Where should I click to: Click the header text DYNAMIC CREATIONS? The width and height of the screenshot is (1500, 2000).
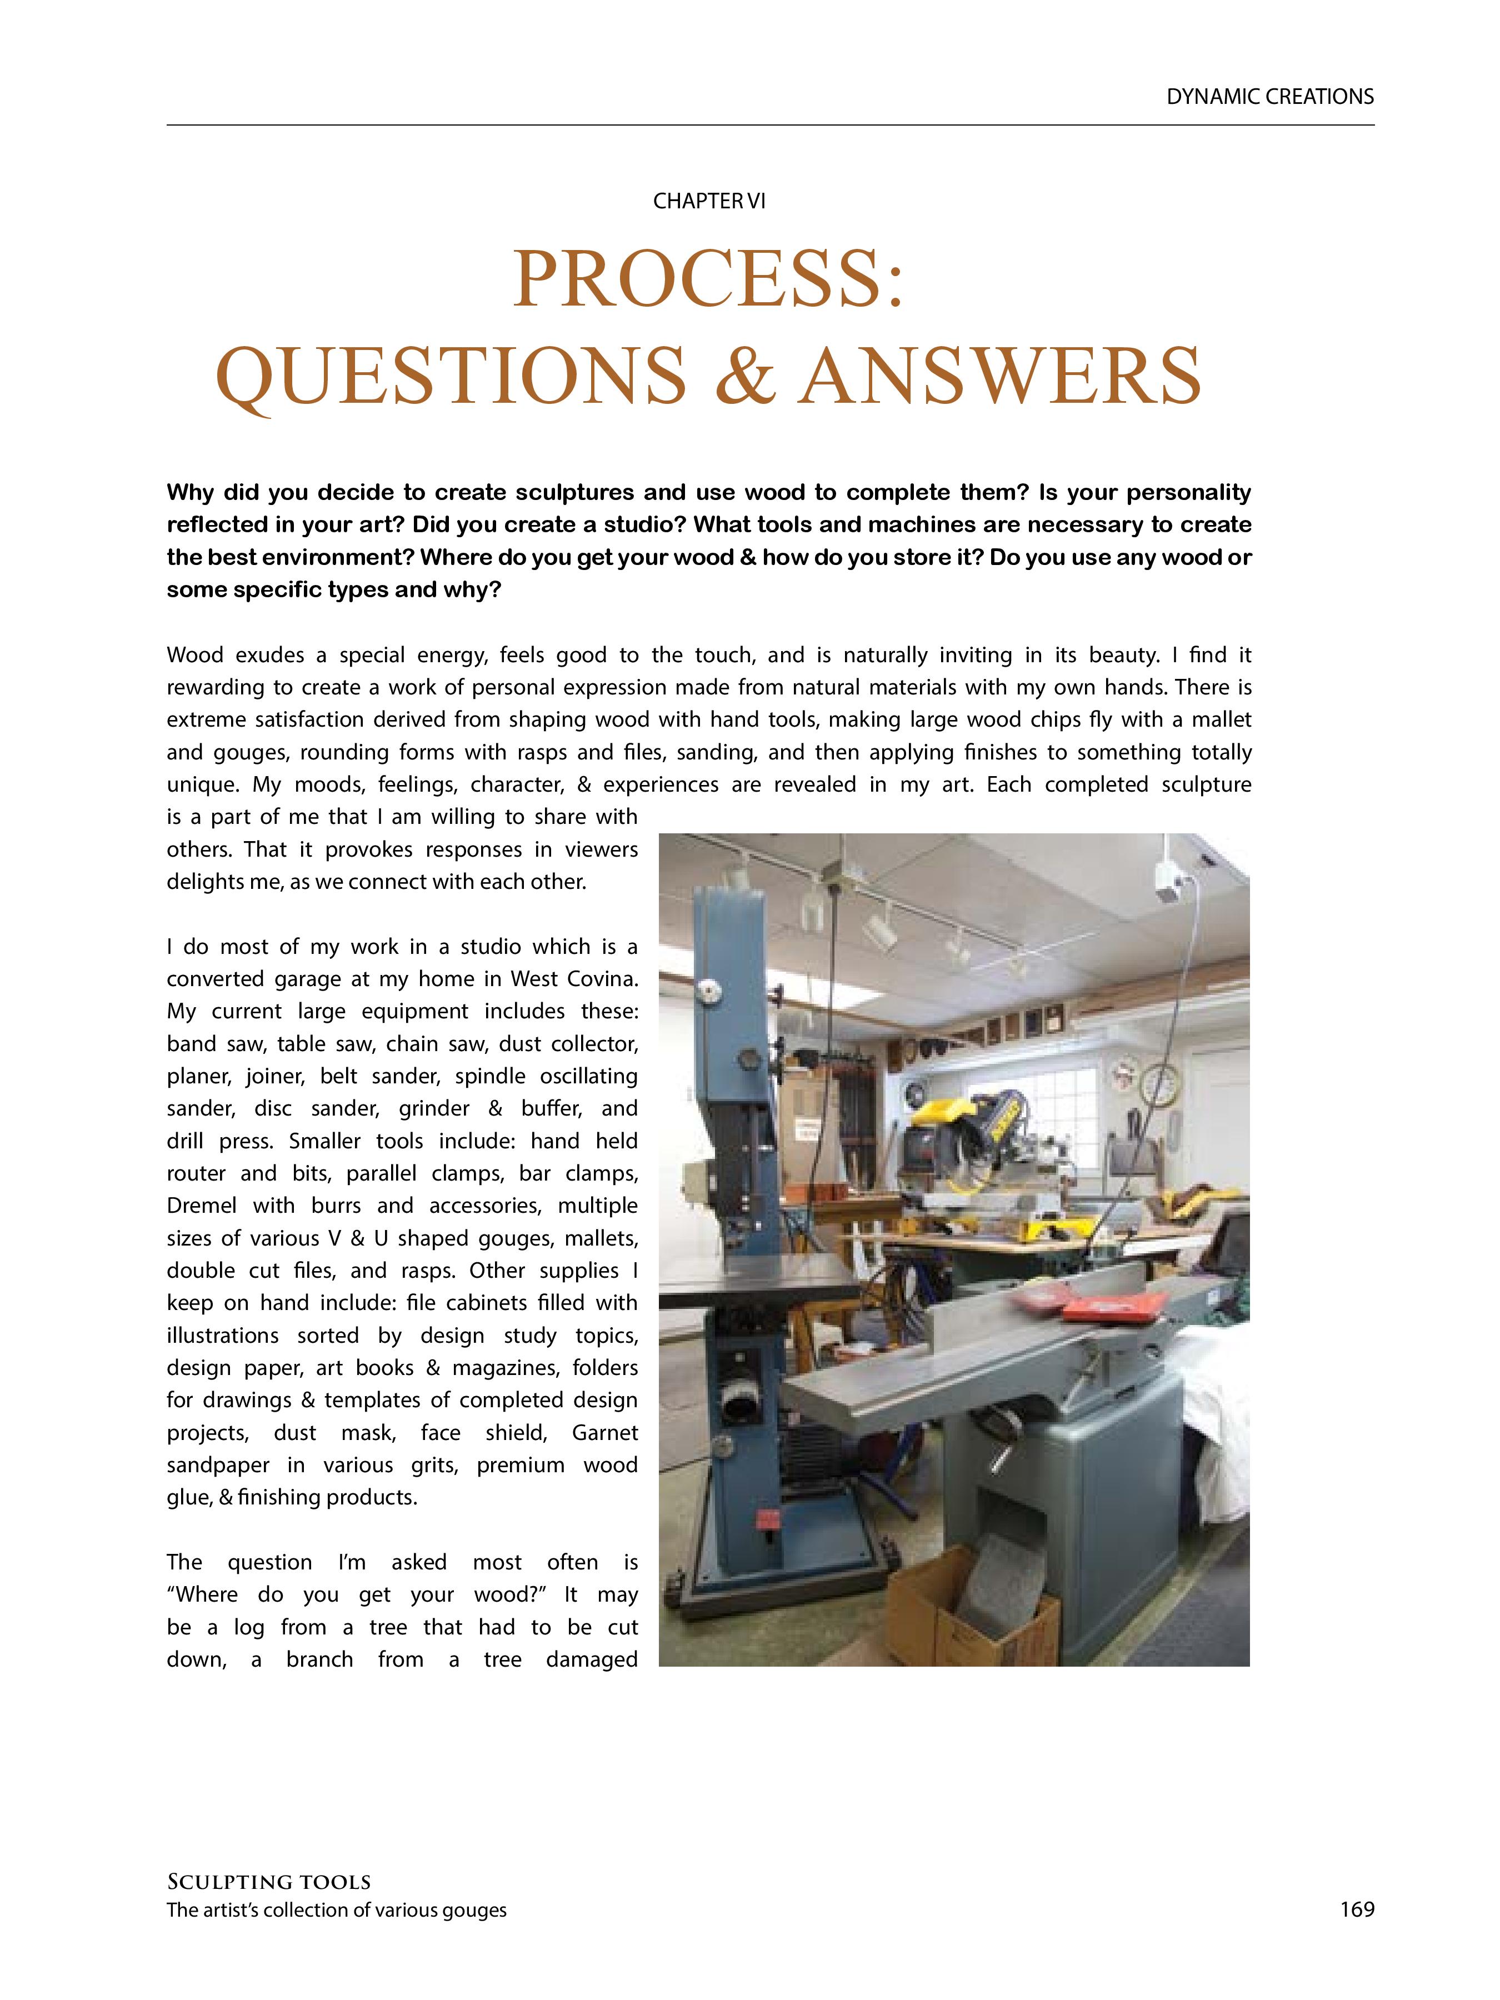1269,97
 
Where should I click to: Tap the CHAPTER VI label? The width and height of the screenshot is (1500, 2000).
709,201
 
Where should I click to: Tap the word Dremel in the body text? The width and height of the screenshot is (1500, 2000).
203,1205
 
